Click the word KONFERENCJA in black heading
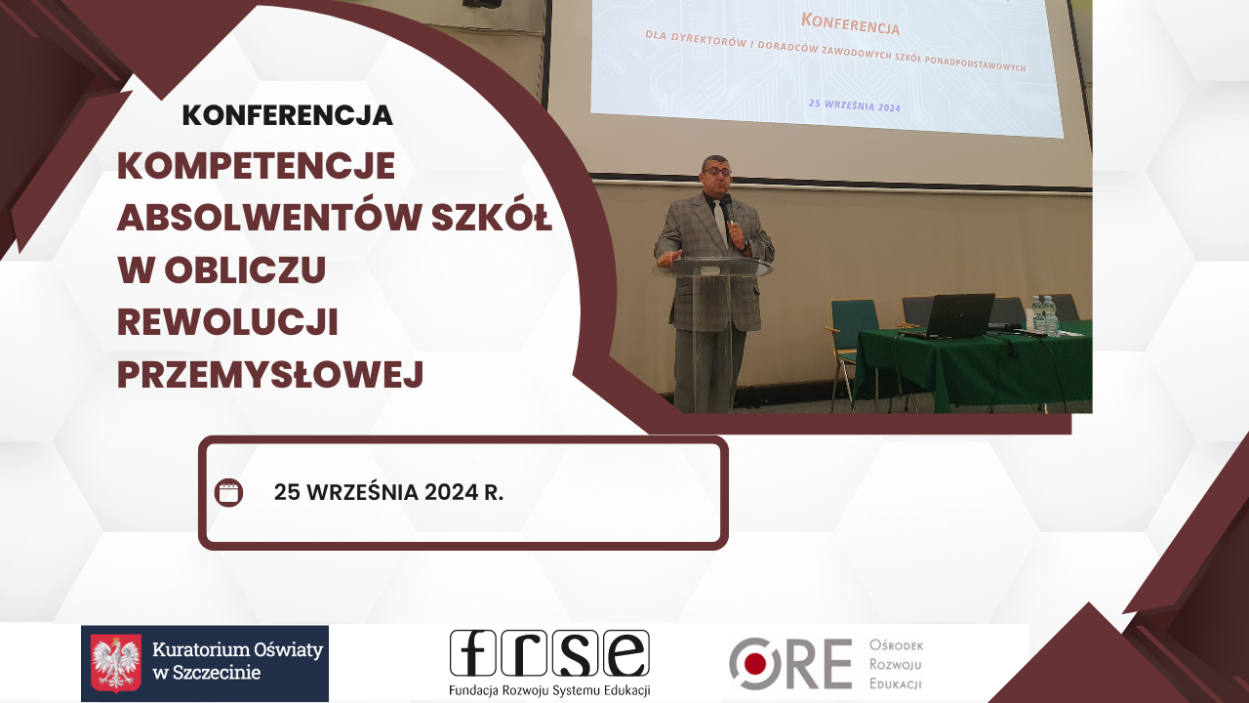click(x=287, y=115)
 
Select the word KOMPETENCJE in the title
click(x=256, y=166)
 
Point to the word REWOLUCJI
click(x=227, y=323)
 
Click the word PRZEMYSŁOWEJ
click(x=270, y=375)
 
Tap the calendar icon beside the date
click(x=228, y=492)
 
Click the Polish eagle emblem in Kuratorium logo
click(x=116, y=664)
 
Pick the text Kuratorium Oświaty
click(x=237, y=648)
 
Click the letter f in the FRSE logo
click(x=473, y=653)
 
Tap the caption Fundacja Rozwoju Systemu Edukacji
click(x=549, y=690)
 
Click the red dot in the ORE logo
click(x=754, y=664)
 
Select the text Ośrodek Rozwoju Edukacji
click(x=895, y=664)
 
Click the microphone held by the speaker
click(x=727, y=207)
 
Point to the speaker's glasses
click(x=717, y=172)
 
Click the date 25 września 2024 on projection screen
click(x=854, y=105)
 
